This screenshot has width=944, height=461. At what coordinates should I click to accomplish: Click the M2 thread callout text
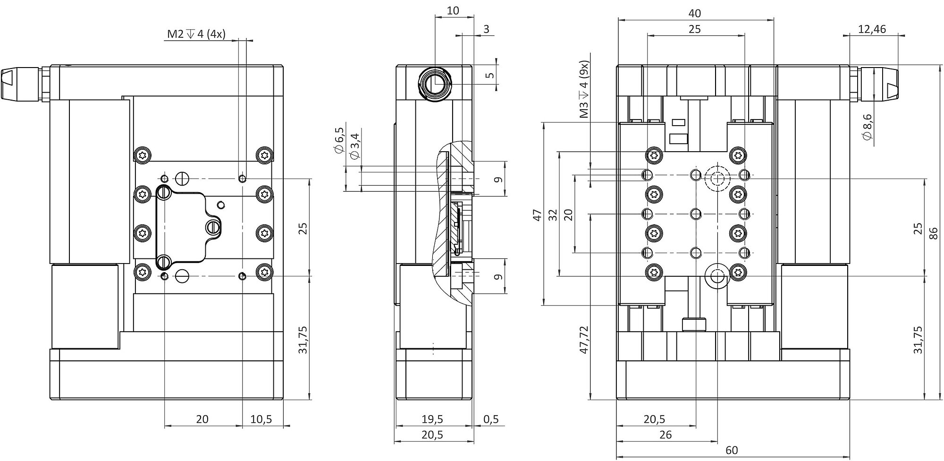196,34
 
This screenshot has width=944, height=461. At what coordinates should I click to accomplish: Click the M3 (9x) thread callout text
585,90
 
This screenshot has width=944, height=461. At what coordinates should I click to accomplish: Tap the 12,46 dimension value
872,29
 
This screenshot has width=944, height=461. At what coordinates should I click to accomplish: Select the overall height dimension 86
933,234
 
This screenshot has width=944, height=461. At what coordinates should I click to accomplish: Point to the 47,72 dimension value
584,340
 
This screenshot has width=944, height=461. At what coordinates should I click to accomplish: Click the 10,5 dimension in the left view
261,419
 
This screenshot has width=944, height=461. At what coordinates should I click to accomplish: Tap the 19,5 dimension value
432,419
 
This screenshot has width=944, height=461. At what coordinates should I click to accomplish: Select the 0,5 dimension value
491,419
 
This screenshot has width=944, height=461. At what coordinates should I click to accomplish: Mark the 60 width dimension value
731,450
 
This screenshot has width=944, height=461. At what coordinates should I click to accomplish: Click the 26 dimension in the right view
665,435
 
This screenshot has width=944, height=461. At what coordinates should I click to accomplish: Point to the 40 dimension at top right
695,14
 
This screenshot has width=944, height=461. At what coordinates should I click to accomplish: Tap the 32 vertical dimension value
554,215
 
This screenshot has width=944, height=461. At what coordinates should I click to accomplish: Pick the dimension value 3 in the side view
487,29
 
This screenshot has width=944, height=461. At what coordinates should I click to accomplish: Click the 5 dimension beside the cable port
490,75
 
